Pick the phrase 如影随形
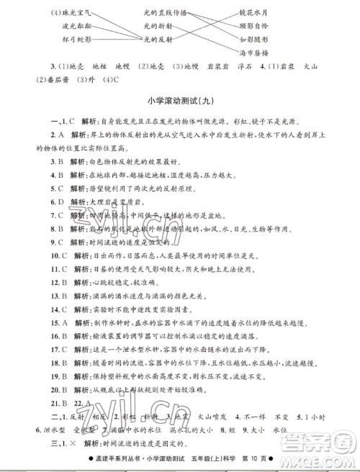click(273, 40)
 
